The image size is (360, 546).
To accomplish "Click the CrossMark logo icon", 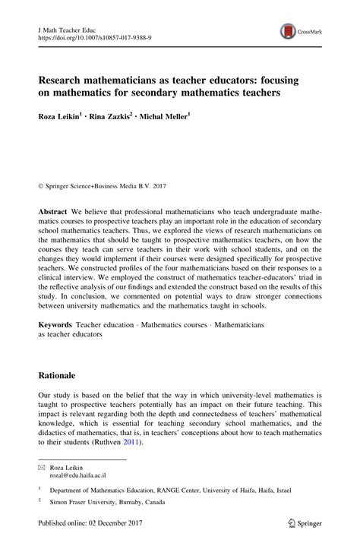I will pyautogui.click(x=289, y=31).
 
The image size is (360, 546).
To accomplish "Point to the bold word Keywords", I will pyautogui.click(x=55, y=324).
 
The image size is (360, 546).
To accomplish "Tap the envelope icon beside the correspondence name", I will pyautogui.click(x=42, y=468).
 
